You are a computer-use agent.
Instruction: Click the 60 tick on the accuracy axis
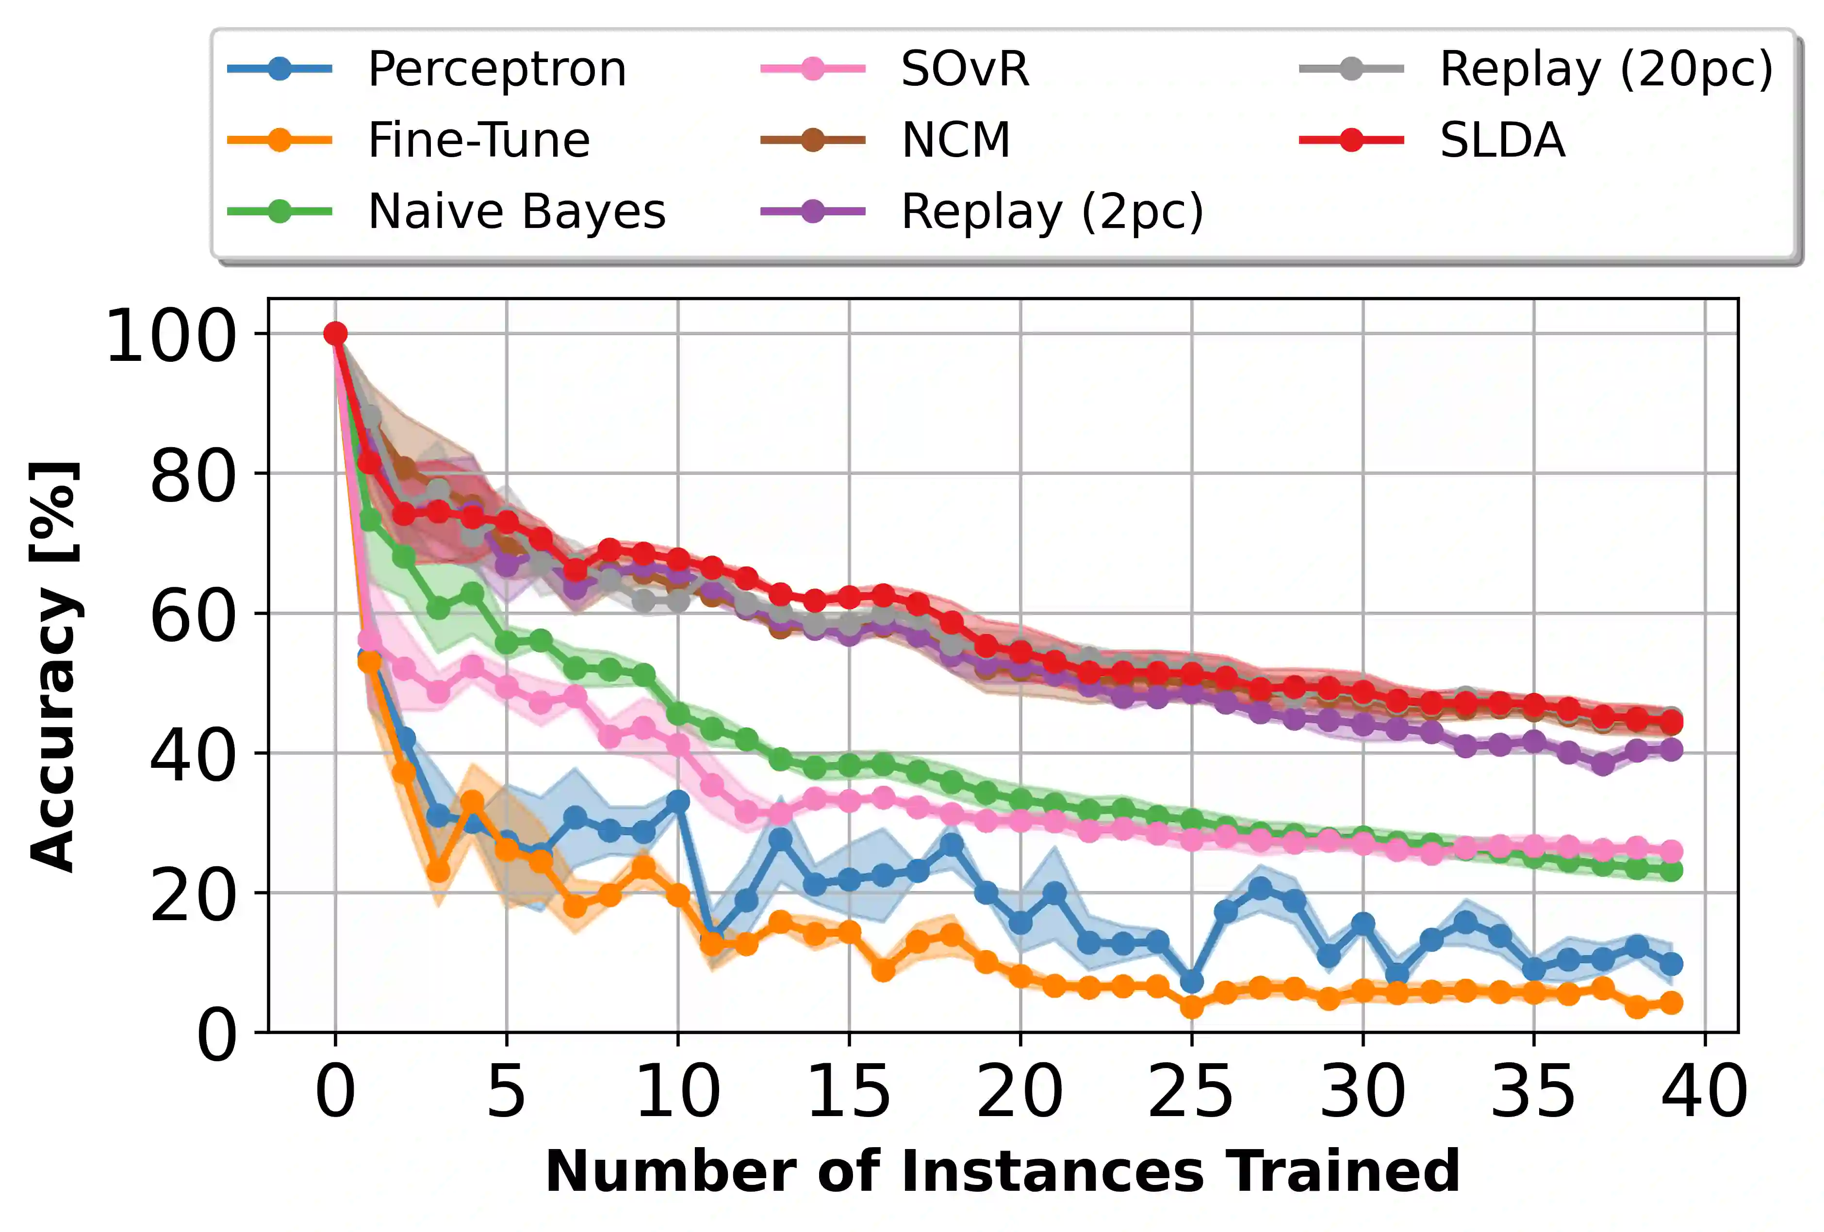point(192,615)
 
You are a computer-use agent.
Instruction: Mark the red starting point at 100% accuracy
point(335,334)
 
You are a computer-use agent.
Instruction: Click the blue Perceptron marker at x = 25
point(1191,982)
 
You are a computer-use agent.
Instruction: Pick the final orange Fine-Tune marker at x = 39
point(1671,1002)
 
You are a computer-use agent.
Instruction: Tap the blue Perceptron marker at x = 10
point(677,801)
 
